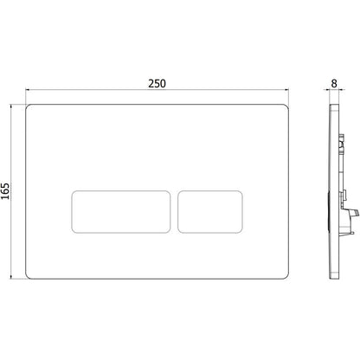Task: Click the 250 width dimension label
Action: (x=157, y=84)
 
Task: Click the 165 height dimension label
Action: (x=5, y=191)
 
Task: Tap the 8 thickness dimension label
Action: (x=334, y=84)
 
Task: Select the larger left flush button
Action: (x=120, y=211)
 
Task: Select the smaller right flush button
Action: (x=210, y=211)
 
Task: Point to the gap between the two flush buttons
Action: (x=174, y=211)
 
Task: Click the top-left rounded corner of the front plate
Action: (x=28, y=106)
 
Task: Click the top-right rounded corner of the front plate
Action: (x=286, y=106)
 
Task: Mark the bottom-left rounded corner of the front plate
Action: (x=28, y=277)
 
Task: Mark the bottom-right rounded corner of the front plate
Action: (x=286, y=277)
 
